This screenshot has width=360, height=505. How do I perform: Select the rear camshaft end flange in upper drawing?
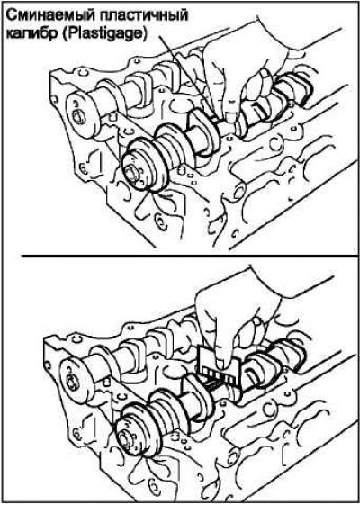[x=81, y=114]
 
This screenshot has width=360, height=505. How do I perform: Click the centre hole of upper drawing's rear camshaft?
[x=78, y=118]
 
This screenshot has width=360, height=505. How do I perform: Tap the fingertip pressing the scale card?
[x=221, y=364]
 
